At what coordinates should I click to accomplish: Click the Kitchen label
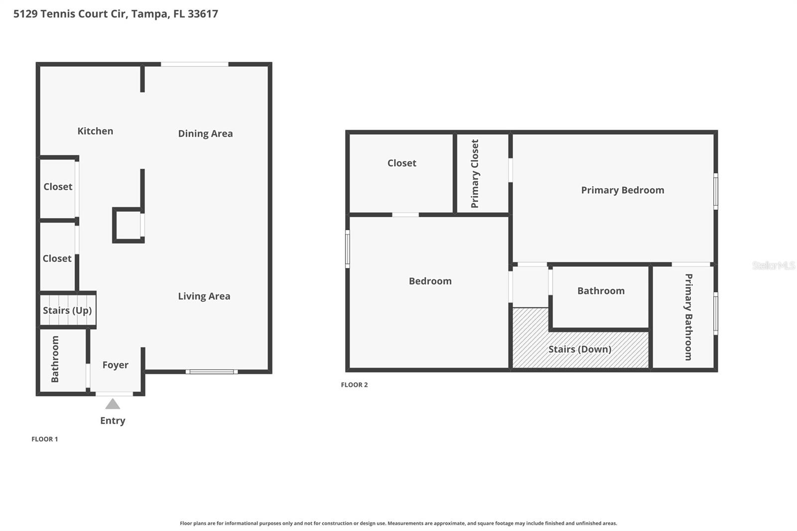tap(95, 131)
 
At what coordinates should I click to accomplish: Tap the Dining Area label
tap(205, 133)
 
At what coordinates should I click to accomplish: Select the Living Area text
tap(204, 296)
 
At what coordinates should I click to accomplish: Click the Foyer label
tap(116, 365)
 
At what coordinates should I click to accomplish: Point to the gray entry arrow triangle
tap(113, 404)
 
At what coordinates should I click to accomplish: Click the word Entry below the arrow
tap(113, 421)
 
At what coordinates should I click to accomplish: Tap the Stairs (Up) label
tap(67, 311)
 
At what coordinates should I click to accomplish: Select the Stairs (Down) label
tap(580, 349)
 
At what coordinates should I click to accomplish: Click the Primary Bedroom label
tap(623, 190)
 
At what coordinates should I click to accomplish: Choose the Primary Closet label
tap(475, 173)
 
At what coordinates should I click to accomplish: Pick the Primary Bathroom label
tap(688, 317)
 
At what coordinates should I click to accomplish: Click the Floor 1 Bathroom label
tap(55, 359)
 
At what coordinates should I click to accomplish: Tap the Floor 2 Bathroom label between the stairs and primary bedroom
tap(601, 291)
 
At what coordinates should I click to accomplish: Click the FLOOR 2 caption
tap(354, 385)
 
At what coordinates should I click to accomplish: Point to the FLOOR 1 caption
tap(45, 439)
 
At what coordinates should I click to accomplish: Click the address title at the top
tap(116, 13)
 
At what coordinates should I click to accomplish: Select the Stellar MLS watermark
tap(773, 265)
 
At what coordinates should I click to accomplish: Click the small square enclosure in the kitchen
tap(128, 225)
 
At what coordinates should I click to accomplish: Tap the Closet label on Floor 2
tap(401, 163)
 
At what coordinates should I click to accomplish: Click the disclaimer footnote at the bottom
tap(398, 523)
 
